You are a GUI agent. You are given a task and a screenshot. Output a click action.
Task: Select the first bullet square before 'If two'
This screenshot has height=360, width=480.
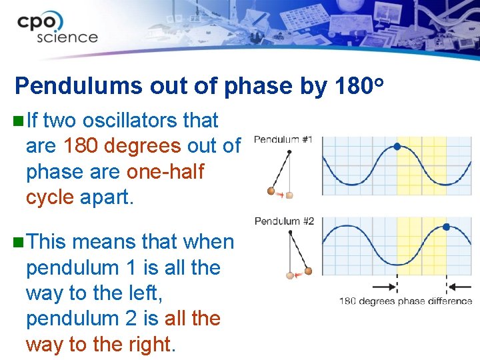coord(17,121)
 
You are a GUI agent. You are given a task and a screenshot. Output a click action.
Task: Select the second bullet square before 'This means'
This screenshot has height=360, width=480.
coord(17,242)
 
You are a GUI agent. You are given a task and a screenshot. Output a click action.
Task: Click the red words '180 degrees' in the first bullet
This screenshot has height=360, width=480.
coord(121,146)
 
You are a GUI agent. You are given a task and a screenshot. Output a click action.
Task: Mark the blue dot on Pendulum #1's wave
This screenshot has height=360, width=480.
coord(397,146)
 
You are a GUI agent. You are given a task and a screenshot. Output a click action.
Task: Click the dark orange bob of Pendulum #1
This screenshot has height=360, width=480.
coord(271,191)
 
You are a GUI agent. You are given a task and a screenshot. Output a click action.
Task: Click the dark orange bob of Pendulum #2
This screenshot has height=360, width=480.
coord(308,271)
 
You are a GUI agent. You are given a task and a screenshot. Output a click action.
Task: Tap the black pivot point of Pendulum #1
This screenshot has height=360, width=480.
coord(289,152)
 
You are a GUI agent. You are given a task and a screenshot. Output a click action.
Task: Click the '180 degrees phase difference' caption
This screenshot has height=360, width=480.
coord(405,301)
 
